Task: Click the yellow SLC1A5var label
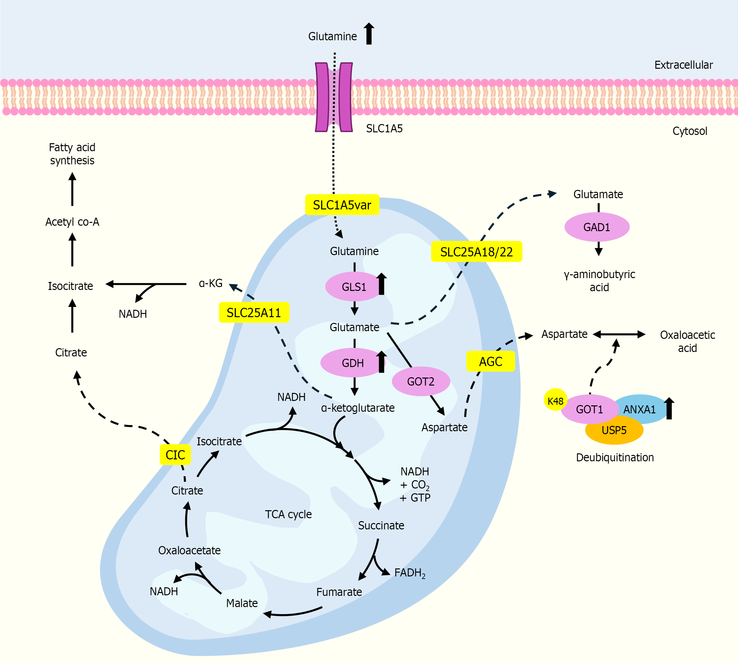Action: coord(342,205)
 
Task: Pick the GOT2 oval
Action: coord(420,382)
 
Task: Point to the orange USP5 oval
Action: coord(614,432)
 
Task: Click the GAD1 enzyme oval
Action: coord(597,227)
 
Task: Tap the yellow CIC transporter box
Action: coord(175,455)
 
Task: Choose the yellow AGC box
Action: coord(490,362)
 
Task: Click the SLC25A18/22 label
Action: coord(476,252)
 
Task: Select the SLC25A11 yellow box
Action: coord(254,313)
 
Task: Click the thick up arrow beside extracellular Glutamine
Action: coord(369,34)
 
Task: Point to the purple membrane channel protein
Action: coord(334,97)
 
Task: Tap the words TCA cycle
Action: coord(288,514)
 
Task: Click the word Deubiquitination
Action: coord(615,457)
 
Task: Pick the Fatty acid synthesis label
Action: coord(72,153)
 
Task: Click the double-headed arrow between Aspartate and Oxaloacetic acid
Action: coord(619,334)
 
